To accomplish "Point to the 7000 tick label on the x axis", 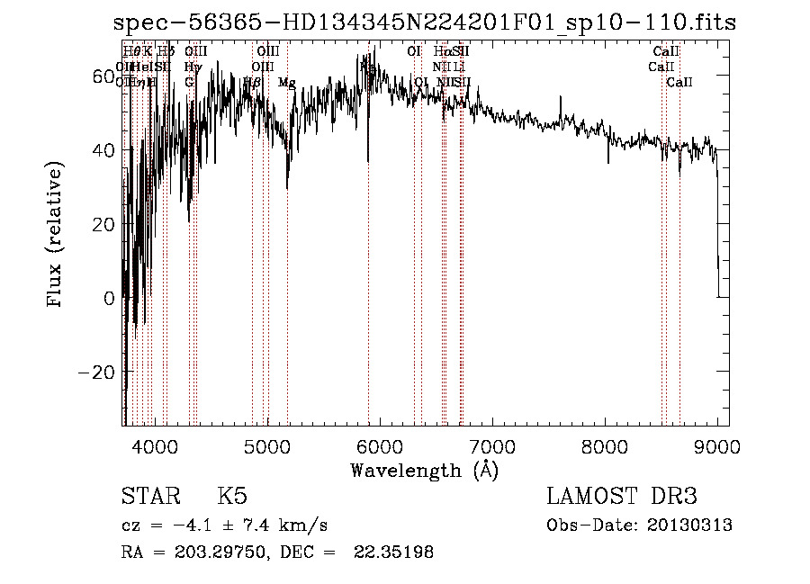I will pos(491,446).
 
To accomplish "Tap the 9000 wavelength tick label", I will pos(717,446).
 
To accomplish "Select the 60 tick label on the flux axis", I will pos(103,76).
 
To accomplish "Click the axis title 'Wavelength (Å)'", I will pos(425,471).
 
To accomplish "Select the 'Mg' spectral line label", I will pos(287,83).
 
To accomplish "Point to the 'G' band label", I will pos(189,82).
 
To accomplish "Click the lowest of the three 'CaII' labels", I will pos(679,83).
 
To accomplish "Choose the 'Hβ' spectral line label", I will pos(253,82).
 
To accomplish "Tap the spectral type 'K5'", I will pos(232,496).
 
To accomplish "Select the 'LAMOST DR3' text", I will pos(622,496).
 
